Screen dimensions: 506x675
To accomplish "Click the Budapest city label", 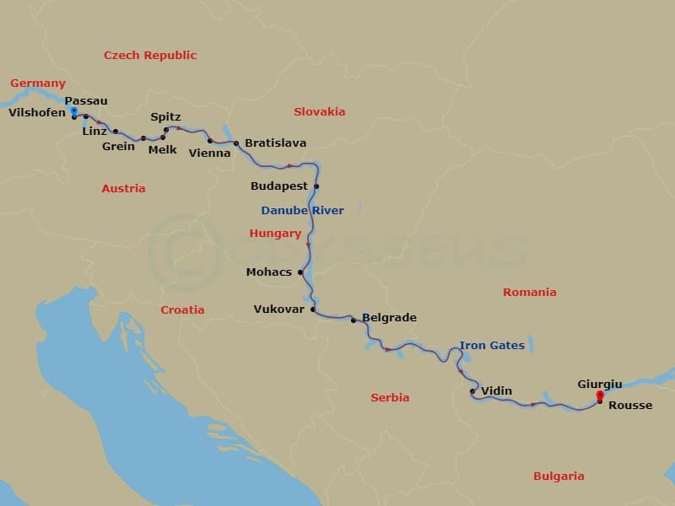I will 279,186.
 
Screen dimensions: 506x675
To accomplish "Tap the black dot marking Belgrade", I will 354,320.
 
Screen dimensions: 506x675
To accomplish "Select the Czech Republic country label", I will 150,56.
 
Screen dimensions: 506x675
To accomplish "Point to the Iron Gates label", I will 492,346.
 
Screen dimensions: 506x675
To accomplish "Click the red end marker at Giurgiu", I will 600,395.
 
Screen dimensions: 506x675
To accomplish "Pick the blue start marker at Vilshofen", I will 74,111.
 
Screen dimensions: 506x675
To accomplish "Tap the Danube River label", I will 302,210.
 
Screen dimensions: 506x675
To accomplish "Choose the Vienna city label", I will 209,153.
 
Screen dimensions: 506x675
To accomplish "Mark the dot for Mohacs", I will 300,272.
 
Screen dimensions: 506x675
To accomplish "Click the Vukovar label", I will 278,310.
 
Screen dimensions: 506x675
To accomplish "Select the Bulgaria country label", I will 559,476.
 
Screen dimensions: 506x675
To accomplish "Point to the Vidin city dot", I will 472,391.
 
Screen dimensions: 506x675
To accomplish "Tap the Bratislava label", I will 276,143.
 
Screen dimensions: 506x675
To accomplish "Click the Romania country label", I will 530,293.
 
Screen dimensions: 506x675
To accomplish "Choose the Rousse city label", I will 630,406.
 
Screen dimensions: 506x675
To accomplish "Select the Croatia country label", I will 182,310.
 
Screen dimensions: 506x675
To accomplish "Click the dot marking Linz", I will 116,132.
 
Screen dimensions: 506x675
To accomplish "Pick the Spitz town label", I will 165,117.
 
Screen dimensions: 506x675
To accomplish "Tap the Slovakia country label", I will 319,112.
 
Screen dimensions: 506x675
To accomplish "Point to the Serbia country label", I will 390,397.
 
